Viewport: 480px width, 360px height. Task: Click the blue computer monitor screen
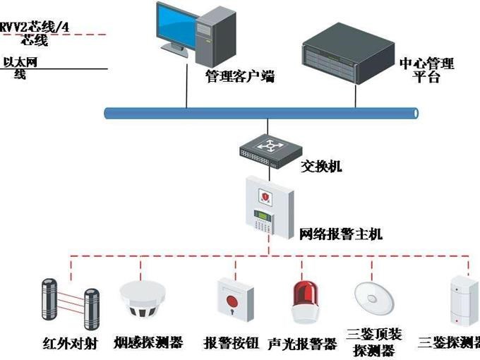pos(177,25)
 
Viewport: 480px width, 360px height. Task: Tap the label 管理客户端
pos(240,76)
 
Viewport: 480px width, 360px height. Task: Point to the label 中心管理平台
pos(426,70)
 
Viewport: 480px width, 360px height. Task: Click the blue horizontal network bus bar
pos(261,113)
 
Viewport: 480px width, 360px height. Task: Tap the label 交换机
pos(320,167)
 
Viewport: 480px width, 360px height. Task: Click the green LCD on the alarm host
pos(263,215)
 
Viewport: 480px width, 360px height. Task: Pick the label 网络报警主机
pos(340,234)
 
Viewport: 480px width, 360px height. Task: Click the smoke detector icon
pos(143,299)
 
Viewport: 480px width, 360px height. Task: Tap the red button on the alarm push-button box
pos(232,301)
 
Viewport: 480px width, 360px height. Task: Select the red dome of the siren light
pos(306,294)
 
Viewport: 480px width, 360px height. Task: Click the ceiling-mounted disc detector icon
pos(374,298)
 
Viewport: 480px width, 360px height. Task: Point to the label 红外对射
pos(70,344)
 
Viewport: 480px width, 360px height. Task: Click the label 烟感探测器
pos(148,342)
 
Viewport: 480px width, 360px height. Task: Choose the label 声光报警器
pos(302,344)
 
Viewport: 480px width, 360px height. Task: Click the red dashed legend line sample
pos(54,35)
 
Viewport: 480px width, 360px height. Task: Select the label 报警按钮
pos(232,343)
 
